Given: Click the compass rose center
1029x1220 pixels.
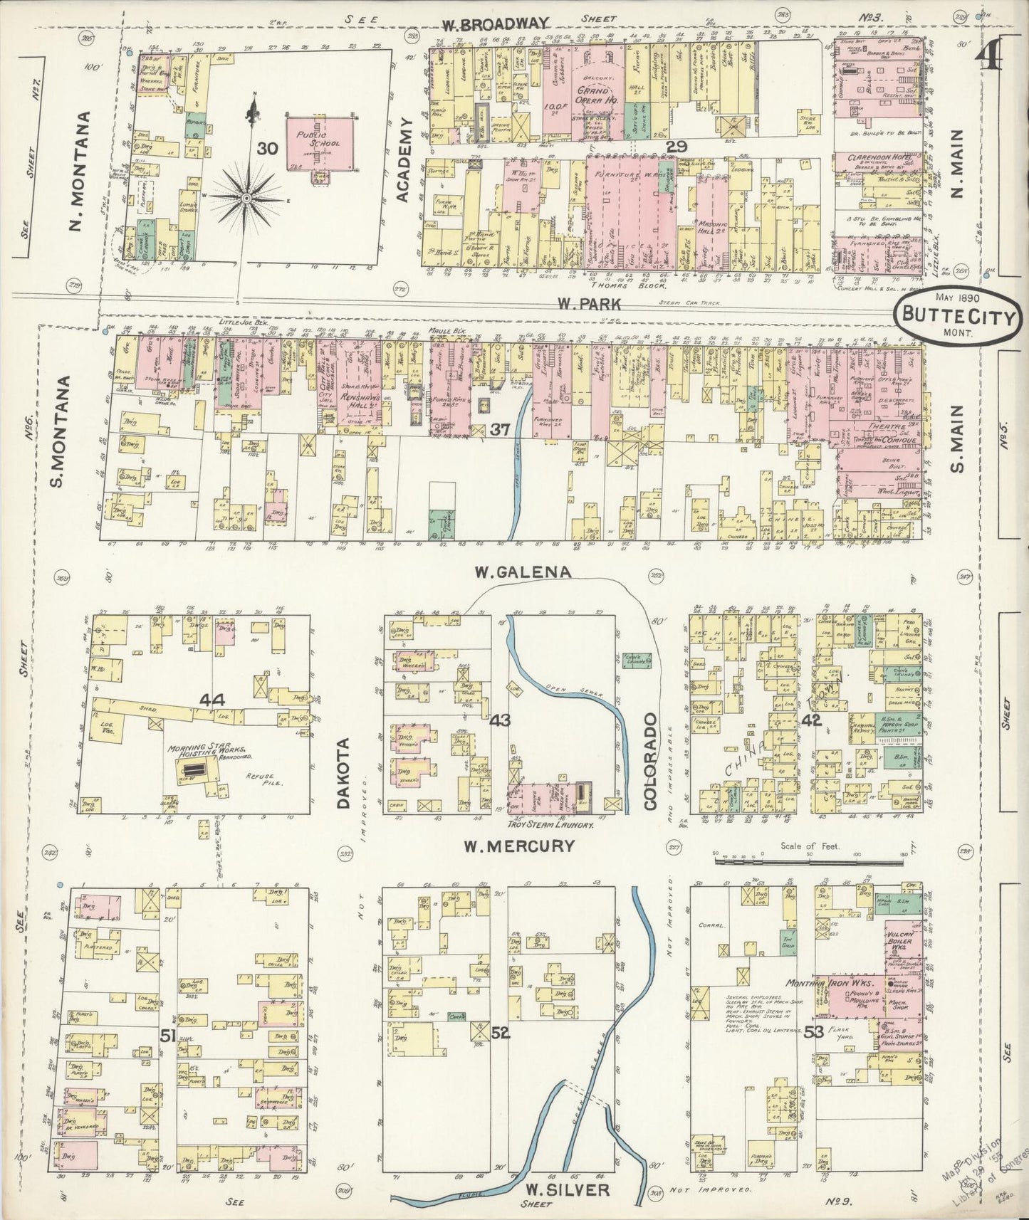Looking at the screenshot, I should tap(246, 197).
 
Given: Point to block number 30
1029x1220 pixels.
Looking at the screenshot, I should tap(267, 149).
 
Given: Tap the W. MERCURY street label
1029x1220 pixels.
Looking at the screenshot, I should tap(518, 846).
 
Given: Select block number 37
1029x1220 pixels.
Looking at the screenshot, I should tap(501, 429).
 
